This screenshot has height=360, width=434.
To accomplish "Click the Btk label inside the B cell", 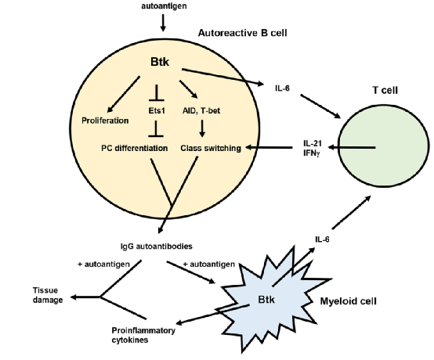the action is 160,62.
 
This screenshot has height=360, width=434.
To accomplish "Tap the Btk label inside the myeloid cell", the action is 266,300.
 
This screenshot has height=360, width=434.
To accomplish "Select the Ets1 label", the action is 157,111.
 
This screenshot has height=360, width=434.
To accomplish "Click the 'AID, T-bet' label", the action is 201,111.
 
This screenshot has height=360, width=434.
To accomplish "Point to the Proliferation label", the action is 105,121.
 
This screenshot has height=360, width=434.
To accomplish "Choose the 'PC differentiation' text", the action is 135,148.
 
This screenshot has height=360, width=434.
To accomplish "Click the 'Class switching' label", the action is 211,148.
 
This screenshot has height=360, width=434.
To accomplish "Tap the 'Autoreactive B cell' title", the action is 243,33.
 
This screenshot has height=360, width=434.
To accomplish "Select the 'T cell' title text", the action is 385,90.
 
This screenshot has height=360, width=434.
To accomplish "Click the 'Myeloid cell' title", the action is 348,301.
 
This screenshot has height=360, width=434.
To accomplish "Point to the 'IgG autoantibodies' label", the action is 157,246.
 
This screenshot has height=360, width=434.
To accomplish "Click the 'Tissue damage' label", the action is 48,295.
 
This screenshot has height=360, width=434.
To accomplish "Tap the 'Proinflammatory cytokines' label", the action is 143,335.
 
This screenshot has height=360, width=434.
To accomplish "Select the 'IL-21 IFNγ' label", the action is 313,148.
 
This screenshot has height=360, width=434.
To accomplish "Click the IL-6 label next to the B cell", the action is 282,88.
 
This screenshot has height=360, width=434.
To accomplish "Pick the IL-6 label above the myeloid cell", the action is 322,239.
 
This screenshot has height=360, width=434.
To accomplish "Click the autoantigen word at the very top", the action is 164,5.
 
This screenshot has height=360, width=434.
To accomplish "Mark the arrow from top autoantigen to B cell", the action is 163,23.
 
